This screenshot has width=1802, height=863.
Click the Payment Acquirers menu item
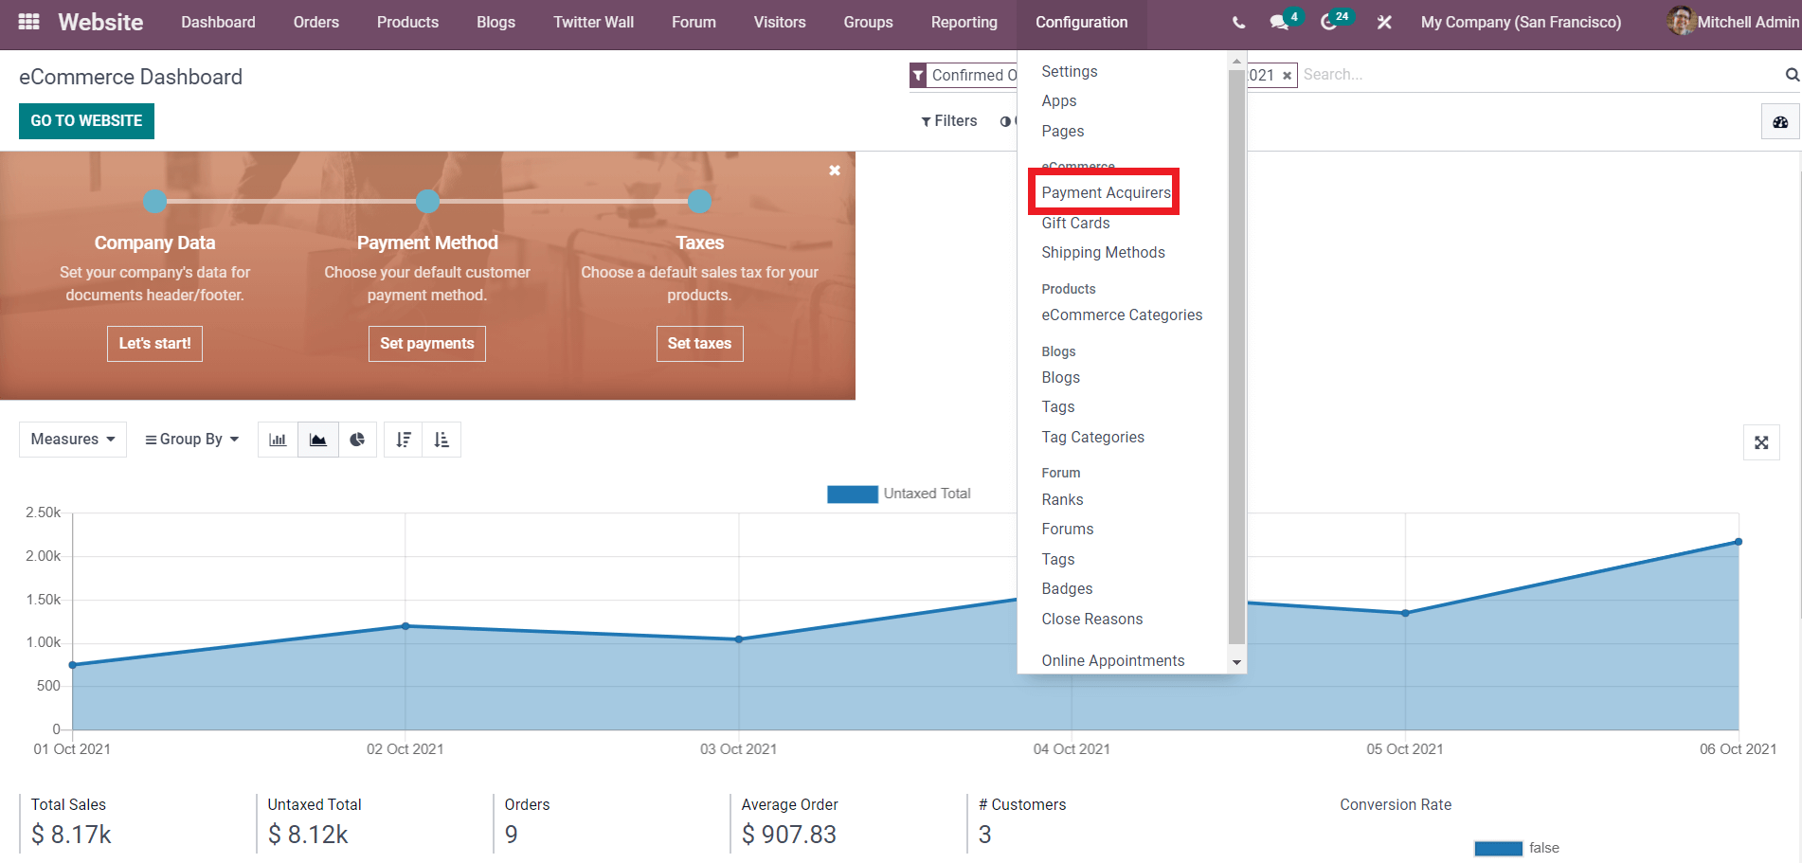pyautogui.click(x=1106, y=192)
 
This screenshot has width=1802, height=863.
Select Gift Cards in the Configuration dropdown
pyautogui.click(x=1075, y=223)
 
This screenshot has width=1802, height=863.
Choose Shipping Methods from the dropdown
pyautogui.click(x=1103, y=252)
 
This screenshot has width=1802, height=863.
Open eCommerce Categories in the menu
pyautogui.click(x=1122, y=315)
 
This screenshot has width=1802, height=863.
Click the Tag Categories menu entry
pyautogui.click(x=1092, y=437)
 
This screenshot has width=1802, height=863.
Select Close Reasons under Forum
pyautogui.click(x=1091, y=619)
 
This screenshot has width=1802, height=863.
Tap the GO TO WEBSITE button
pyautogui.click(x=86, y=121)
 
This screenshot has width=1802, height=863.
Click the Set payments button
pyautogui.click(x=427, y=344)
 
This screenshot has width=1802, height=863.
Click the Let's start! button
pyautogui.click(x=154, y=344)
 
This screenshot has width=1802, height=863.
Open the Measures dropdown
pyautogui.click(x=73, y=440)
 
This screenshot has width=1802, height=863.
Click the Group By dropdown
pyautogui.click(x=191, y=440)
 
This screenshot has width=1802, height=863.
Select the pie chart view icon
pyautogui.click(x=357, y=440)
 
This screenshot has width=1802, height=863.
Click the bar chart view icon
pyautogui.click(x=278, y=440)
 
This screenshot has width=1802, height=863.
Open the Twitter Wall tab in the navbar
pyautogui.click(x=593, y=22)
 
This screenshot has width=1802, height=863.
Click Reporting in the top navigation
pyautogui.click(x=964, y=22)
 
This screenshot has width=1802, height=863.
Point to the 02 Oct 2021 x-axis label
pyautogui.click(x=405, y=749)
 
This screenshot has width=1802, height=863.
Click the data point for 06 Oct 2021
pyautogui.click(x=1739, y=542)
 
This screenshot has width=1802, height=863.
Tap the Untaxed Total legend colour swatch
pyautogui.click(x=852, y=494)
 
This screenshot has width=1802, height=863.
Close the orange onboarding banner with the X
pyautogui.click(x=835, y=171)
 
